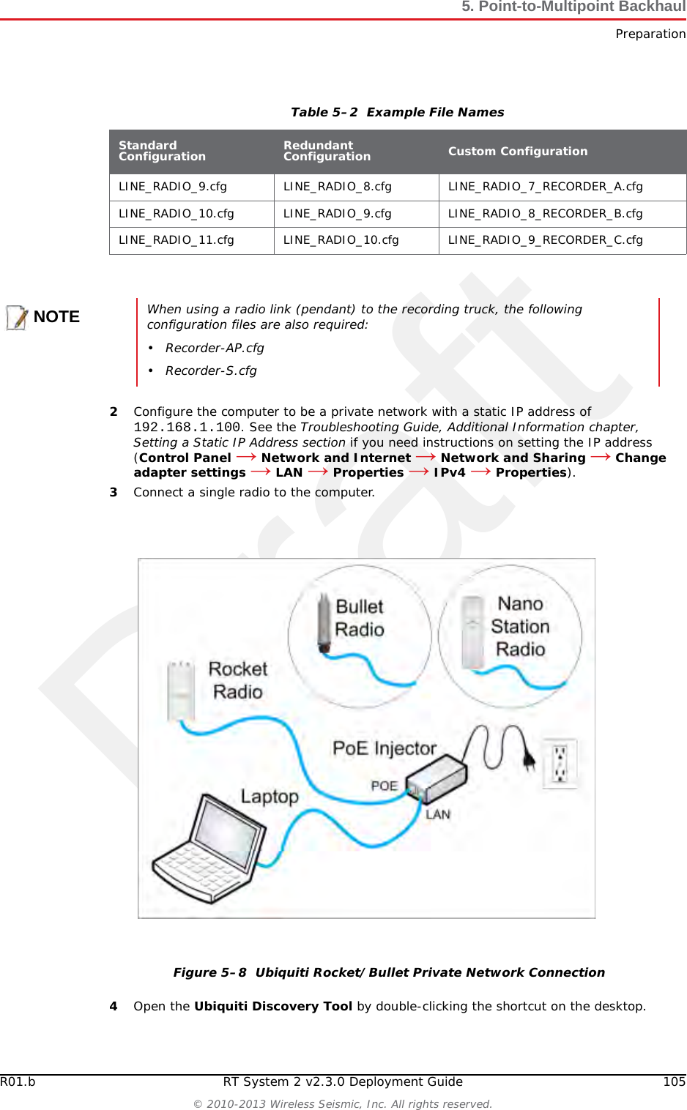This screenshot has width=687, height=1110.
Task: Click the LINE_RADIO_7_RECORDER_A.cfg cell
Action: pos(545,187)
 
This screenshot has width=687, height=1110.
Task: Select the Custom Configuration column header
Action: pos(518,152)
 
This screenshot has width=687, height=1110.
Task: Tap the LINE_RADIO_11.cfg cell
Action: pos(177,240)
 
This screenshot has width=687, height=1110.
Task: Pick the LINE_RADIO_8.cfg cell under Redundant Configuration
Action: pos(338,187)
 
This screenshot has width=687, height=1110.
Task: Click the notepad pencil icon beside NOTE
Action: pos(17,317)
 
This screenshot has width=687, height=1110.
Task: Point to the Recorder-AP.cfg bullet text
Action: pos(215,349)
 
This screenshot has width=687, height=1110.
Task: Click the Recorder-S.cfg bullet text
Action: pos(211,371)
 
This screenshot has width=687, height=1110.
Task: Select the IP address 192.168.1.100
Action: pos(187,428)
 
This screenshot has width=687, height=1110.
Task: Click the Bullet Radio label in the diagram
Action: pos(360,618)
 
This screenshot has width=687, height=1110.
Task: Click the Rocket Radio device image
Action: pos(180,690)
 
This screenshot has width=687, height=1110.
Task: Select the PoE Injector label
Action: pos(385,748)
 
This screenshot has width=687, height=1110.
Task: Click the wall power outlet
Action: pos(560,764)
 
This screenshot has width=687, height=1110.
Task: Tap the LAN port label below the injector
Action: pos(438,814)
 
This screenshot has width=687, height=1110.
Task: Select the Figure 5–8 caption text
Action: pos(389,972)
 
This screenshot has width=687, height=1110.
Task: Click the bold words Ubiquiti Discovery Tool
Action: pos(273,1007)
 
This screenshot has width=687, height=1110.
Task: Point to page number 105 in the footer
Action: pos(674,1082)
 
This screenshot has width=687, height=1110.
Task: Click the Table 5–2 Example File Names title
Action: pos(397,113)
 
